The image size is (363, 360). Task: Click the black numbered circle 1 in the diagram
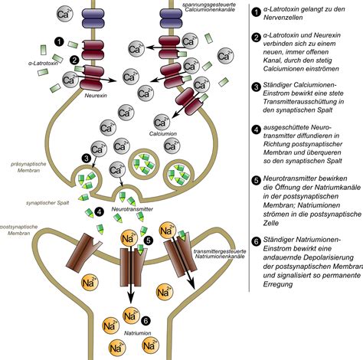point(59,41)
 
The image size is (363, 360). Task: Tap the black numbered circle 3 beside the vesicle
point(87,159)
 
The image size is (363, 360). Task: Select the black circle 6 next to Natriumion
point(146,321)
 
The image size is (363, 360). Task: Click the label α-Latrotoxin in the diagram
point(43,63)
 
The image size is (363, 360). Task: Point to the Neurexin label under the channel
point(96,96)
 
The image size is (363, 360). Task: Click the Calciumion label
point(163,133)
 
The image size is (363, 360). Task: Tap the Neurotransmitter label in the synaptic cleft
point(132,209)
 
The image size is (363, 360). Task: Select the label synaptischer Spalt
point(47,203)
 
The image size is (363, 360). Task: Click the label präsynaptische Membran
point(28,167)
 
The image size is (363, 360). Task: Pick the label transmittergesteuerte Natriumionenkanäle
point(220,254)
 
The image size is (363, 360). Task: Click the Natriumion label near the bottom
point(138,333)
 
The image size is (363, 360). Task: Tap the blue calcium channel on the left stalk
point(93,18)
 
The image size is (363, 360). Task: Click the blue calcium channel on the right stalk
point(171,18)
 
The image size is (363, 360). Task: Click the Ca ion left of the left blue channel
point(64,14)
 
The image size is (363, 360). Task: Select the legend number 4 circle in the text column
point(257,130)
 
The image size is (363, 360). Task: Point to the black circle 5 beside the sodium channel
point(149,241)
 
